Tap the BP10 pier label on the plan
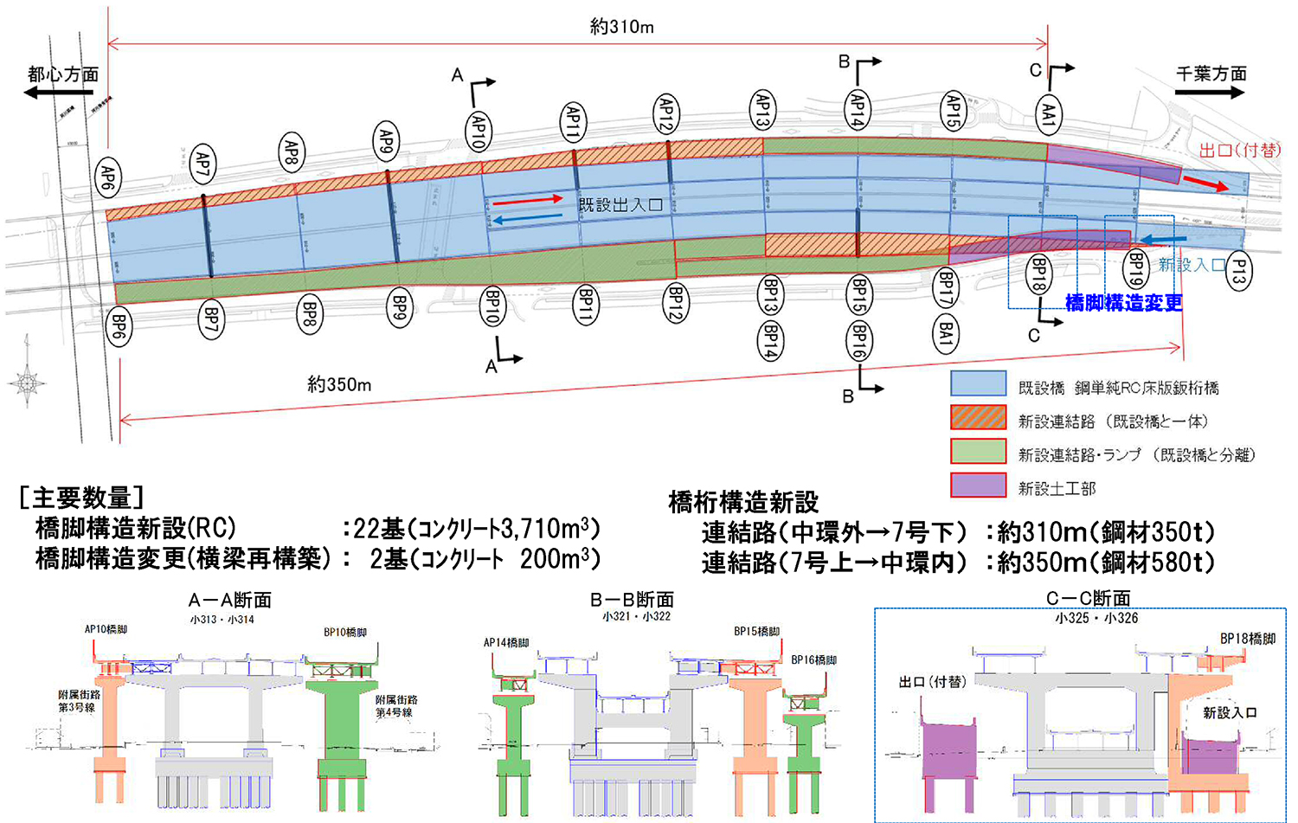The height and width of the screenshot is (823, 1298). (x=493, y=306)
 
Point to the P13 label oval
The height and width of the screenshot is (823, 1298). (x=1238, y=273)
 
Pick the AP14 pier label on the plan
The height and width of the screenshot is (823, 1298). (x=858, y=110)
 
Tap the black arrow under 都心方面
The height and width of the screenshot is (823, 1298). (x=59, y=92)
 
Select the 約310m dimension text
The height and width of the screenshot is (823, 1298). (x=621, y=27)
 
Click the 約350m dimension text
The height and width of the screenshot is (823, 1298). (x=339, y=384)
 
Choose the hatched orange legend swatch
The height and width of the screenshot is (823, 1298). (x=978, y=418)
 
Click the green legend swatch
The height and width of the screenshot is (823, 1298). (x=978, y=452)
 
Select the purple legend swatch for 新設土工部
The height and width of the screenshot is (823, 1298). (x=978, y=485)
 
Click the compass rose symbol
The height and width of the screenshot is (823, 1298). (x=27, y=381)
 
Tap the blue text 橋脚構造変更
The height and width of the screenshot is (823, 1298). (x=1123, y=303)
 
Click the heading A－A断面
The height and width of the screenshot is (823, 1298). (x=230, y=600)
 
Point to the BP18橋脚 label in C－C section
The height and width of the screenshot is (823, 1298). (x=1248, y=639)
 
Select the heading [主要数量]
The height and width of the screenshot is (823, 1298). (x=81, y=498)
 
